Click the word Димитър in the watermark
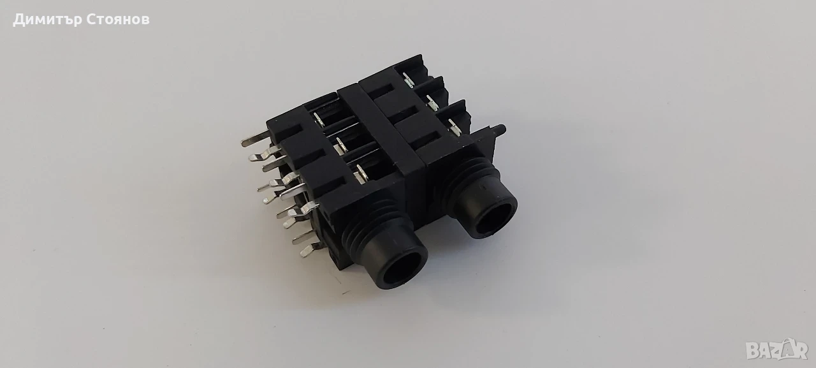pos(47,20)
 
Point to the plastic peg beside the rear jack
pos(498,129)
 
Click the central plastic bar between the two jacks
pos(379,132)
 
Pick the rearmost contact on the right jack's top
pos(408,80)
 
